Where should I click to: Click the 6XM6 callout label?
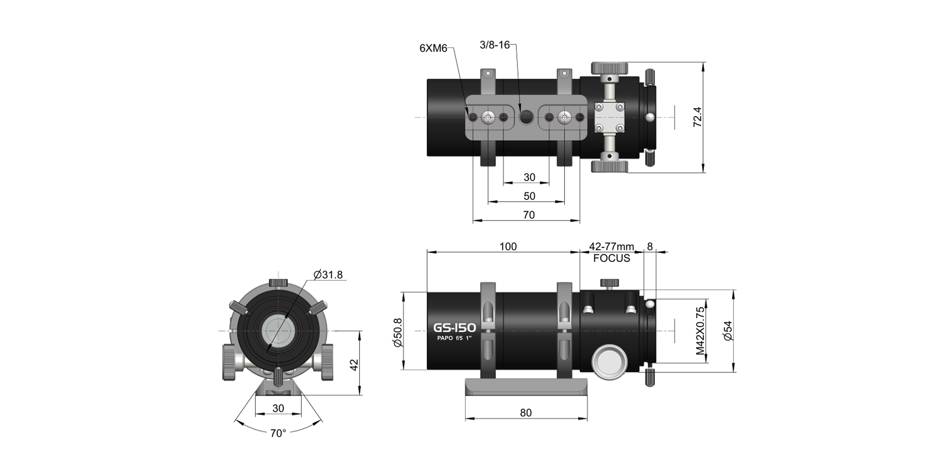[x=433, y=48]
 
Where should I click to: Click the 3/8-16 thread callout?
[x=495, y=45]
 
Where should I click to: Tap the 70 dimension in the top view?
[x=529, y=215]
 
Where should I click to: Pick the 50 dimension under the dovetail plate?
[x=529, y=196]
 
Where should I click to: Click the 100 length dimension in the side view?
[x=508, y=247]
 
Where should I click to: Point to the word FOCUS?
[x=612, y=258]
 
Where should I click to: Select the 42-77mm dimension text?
[x=612, y=247]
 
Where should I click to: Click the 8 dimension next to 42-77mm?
[x=650, y=247]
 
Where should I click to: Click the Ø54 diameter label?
[x=728, y=331]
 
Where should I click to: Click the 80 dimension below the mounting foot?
[x=526, y=413]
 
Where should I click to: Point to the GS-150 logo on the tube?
[x=455, y=328]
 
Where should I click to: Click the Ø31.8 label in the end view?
[x=328, y=275]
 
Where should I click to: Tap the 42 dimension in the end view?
[x=354, y=364]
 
